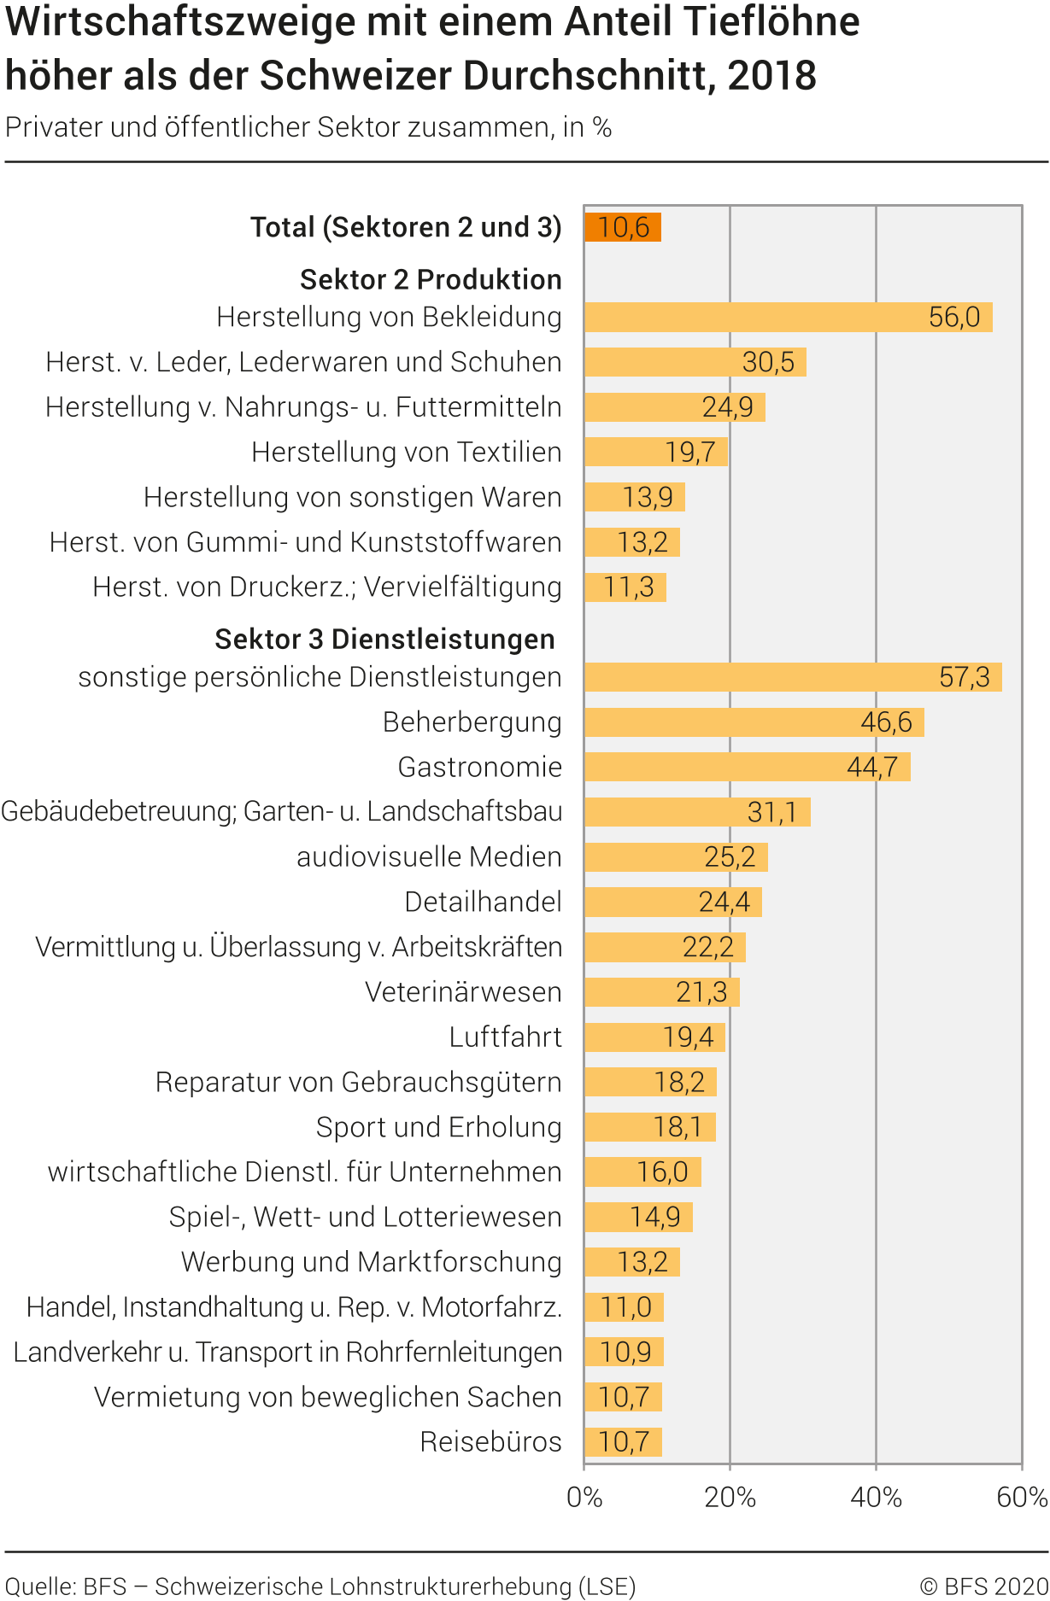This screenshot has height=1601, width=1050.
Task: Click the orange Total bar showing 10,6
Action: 622,227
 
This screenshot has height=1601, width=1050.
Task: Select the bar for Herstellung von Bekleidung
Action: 788,317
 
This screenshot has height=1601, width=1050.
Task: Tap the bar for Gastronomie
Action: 747,767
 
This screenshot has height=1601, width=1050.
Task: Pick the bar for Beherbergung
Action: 754,722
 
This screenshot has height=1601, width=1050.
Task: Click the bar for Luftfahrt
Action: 654,1037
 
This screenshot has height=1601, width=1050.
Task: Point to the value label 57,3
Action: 964,677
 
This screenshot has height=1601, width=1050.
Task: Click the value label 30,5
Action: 768,362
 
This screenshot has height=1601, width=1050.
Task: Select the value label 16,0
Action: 662,1172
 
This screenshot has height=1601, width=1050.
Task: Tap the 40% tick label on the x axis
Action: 876,1498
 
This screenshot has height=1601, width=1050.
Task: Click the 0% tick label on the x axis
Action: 584,1498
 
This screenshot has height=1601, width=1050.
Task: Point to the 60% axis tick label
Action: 1022,1498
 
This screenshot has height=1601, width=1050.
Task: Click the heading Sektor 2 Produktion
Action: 431,279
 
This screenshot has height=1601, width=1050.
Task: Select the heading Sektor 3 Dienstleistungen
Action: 384,639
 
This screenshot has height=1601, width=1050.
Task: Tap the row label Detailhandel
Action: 483,902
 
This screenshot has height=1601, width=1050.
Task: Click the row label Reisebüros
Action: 490,1441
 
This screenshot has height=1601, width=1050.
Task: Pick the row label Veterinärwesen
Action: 463,992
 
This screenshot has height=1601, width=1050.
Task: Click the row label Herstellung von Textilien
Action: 406,452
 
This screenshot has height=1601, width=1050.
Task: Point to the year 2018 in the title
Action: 772,75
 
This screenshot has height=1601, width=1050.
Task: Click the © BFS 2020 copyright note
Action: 983,1586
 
